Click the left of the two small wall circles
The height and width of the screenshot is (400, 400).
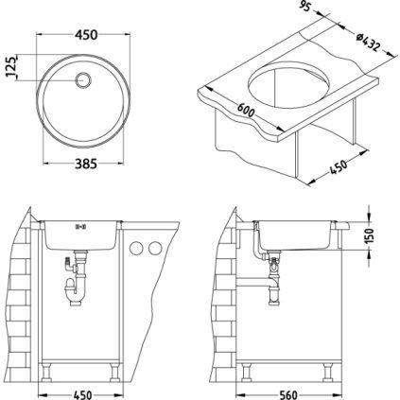134,248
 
